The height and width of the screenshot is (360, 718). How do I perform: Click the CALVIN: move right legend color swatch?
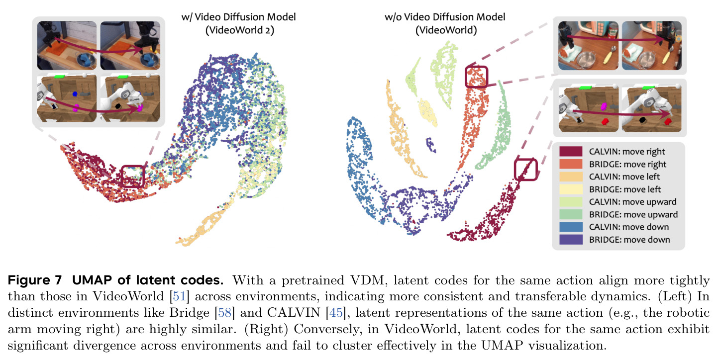(571, 151)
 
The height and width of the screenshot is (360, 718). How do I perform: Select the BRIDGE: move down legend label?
(629, 240)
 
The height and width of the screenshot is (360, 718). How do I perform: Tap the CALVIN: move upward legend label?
(633, 202)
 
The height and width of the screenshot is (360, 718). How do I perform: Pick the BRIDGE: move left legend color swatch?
(571, 189)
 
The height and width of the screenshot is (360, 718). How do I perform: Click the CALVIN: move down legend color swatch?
(571, 227)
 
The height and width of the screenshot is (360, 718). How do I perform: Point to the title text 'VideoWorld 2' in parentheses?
(240, 30)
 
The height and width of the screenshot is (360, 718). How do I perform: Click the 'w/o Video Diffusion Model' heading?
(445, 16)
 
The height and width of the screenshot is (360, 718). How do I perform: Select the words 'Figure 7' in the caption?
(35, 280)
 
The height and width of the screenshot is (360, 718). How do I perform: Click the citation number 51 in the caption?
(180, 296)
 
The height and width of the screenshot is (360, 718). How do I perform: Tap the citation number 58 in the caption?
(225, 313)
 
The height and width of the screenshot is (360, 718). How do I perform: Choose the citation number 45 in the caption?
(336, 313)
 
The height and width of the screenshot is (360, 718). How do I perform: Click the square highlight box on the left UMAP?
(133, 166)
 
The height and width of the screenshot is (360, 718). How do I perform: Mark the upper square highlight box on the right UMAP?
(476, 67)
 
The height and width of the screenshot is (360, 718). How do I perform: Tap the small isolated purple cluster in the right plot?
(431, 145)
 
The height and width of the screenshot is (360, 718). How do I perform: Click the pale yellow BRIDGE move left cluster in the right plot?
(427, 112)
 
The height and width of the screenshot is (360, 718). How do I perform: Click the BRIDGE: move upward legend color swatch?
(571, 214)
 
